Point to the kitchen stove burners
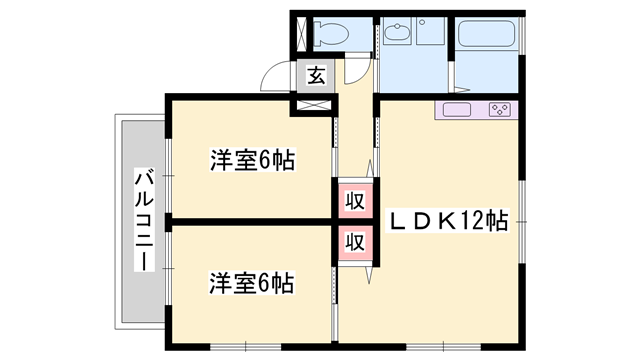500,109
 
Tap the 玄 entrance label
314,75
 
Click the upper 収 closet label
353,199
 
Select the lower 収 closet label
353,241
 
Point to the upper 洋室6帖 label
251,160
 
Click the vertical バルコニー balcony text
142,222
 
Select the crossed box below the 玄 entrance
314,101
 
